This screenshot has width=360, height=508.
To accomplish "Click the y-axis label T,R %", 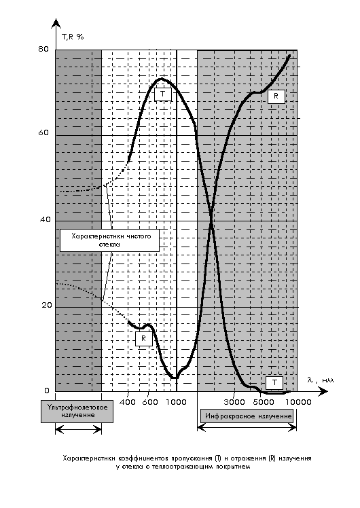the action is click(x=73, y=37).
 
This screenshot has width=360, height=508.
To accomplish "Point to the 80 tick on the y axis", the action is click(x=43, y=49).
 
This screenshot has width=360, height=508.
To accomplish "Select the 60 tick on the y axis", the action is click(x=43, y=132).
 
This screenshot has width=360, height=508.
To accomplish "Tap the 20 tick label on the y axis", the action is click(x=46, y=305).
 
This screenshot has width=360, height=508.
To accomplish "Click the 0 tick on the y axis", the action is click(x=47, y=391).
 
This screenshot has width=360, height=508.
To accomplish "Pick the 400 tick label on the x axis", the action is click(x=128, y=402).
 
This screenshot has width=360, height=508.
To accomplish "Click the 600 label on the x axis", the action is click(x=150, y=402).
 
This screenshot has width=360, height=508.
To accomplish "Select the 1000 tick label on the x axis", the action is click(x=177, y=402).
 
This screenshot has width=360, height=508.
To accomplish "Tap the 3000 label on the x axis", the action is click(x=234, y=402).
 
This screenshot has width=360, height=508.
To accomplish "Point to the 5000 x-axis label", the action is click(x=264, y=402).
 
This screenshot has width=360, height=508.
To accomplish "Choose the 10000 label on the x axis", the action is click(x=298, y=402).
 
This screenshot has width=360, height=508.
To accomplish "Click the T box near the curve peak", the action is click(x=162, y=94).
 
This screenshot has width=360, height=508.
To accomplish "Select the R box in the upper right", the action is click(x=276, y=96).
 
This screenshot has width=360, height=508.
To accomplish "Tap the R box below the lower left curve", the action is click(x=144, y=339).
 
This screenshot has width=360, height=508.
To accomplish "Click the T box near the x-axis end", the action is click(x=274, y=382).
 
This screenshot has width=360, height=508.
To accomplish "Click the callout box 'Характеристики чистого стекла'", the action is click(x=109, y=240).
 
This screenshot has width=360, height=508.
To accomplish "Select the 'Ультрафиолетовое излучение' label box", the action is click(x=77, y=412).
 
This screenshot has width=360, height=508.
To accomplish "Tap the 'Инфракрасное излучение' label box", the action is click(x=247, y=416).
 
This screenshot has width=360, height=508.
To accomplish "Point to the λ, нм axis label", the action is click(x=320, y=380).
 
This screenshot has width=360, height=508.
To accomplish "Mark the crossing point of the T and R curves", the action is click(x=211, y=219).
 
